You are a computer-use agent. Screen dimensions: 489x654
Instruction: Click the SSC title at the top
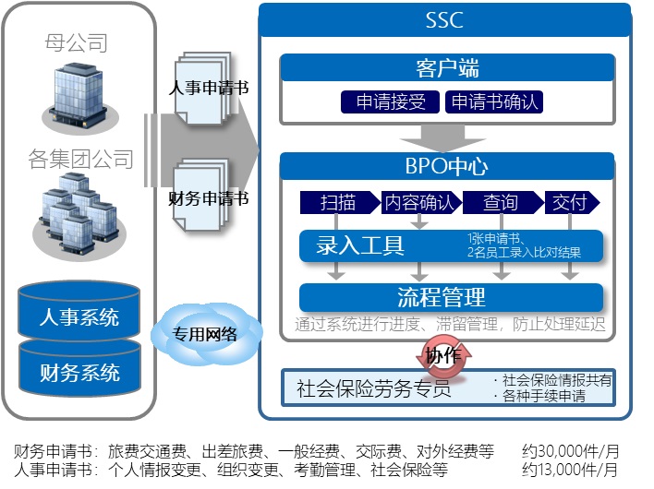click(445, 19)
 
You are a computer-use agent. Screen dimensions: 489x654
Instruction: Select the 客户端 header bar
click(447, 67)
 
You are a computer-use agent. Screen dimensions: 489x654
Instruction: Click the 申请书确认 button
click(494, 101)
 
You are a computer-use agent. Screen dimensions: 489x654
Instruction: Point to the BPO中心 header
click(447, 166)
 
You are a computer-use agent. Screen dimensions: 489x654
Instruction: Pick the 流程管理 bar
click(442, 297)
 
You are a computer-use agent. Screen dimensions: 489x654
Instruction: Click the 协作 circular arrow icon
click(445, 355)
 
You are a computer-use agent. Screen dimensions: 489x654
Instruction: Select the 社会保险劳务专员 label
click(374, 388)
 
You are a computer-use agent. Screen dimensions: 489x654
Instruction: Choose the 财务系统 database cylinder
click(79, 373)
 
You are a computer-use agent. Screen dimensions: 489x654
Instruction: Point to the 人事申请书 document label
click(209, 89)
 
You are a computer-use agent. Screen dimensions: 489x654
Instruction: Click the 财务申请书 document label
click(209, 197)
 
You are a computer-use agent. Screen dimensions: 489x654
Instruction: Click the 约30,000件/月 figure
click(570, 451)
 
